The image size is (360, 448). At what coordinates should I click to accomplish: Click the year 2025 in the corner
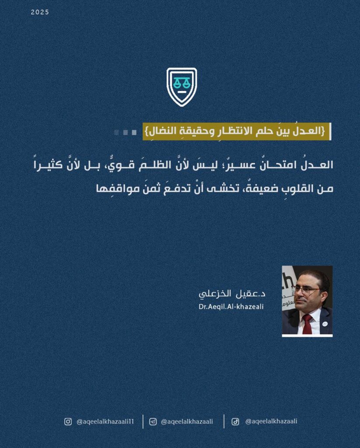[40, 12]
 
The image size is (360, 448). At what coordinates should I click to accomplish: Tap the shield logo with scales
[182, 87]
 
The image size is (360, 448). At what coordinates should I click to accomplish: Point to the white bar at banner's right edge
[330, 131]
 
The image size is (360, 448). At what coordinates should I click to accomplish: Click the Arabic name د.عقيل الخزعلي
[232, 294]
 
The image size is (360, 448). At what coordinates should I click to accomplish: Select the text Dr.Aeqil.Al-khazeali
[231, 307]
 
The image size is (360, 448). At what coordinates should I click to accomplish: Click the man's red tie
[307, 324]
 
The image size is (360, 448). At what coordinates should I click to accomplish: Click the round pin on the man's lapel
[325, 324]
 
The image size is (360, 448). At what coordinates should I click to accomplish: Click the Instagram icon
[68, 421]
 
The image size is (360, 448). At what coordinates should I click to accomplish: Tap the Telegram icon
[153, 421]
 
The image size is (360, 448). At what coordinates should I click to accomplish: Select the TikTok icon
[235, 421]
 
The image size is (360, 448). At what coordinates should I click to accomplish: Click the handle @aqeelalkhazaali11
[105, 422]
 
